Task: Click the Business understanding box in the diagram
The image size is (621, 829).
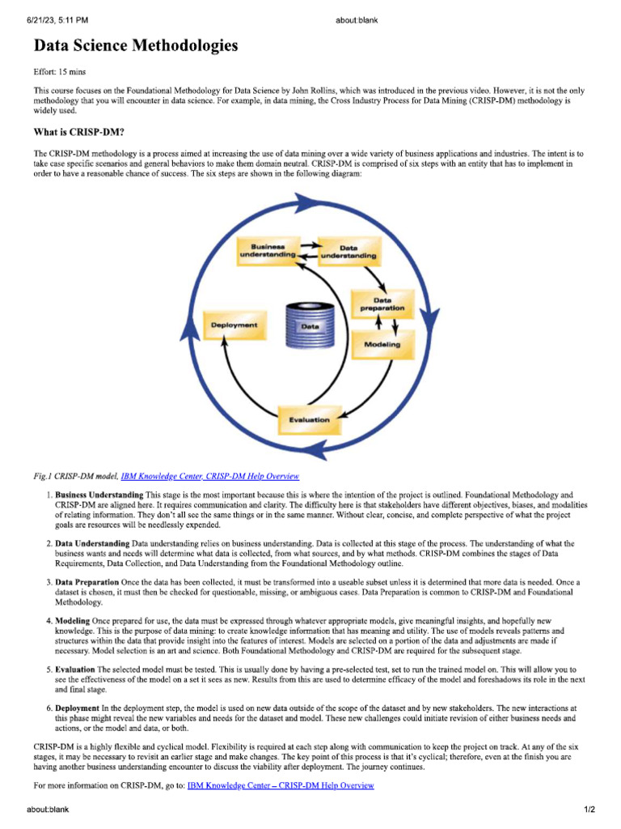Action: (x=264, y=250)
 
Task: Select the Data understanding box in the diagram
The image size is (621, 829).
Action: (x=348, y=251)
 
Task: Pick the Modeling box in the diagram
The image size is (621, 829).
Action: (x=382, y=343)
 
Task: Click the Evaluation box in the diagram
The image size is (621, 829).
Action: (x=309, y=419)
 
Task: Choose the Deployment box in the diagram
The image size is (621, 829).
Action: (x=234, y=325)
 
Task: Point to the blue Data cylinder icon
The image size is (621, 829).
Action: (x=310, y=325)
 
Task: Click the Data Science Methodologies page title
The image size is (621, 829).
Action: (x=136, y=46)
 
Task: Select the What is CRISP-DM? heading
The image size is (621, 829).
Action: (x=78, y=132)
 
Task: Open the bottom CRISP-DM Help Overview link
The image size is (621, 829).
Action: (x=281, y=784)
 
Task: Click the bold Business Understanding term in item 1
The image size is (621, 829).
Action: (x=99, y=494)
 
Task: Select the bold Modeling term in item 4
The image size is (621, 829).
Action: (x=72, y=620)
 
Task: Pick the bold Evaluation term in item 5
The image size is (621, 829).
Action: (x=75, y=670)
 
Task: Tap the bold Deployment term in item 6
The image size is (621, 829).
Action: (x=78, y=708)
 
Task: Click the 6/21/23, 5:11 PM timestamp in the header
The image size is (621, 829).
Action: (x=57, y=19)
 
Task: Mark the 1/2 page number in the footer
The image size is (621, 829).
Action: (x=590, y=809)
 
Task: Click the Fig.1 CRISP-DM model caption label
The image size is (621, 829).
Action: (x=76, y=476)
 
